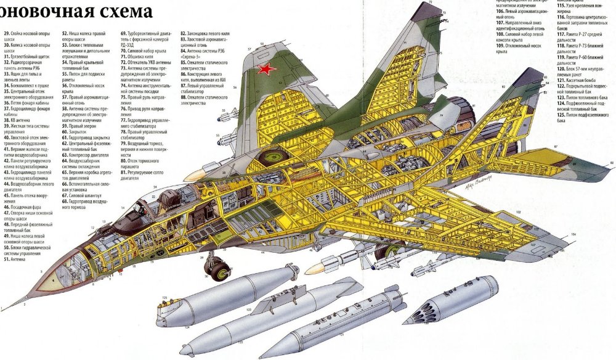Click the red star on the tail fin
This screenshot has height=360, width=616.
pos(266,70)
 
